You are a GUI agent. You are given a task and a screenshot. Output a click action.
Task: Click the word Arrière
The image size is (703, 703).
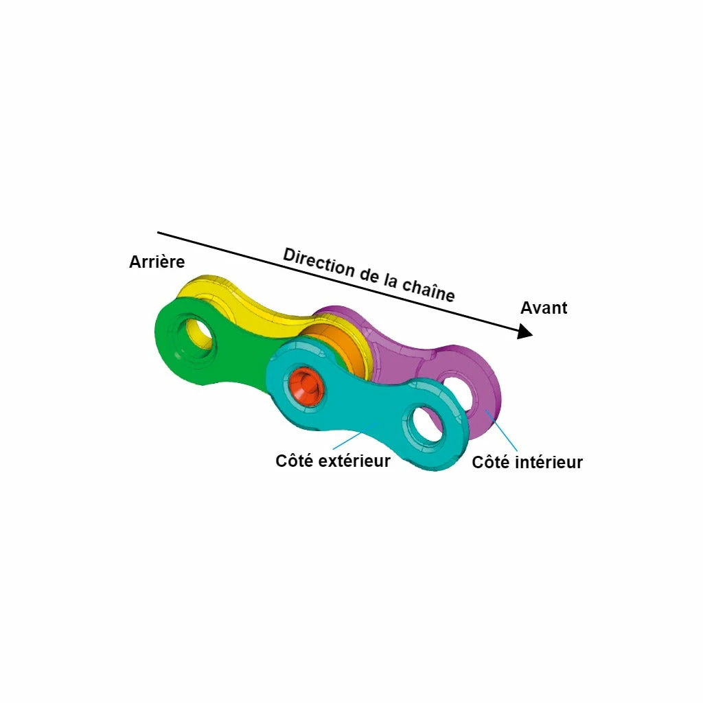tap(157, 262)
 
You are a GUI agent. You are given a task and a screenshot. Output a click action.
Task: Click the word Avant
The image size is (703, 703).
tap(544, 308)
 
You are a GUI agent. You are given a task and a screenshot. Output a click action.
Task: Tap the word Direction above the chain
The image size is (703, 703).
tap(319, 262)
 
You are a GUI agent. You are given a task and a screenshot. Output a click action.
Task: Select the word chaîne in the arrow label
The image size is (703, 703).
tap(428, 290)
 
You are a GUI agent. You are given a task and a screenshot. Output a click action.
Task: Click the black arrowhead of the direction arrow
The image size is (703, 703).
tap(525, 332)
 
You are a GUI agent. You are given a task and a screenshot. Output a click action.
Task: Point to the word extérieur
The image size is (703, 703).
tap(361, 461)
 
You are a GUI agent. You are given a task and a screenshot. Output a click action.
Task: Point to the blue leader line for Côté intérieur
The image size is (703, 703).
tap(501, 430)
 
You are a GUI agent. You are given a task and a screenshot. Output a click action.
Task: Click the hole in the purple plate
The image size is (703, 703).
tap(457, 390)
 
